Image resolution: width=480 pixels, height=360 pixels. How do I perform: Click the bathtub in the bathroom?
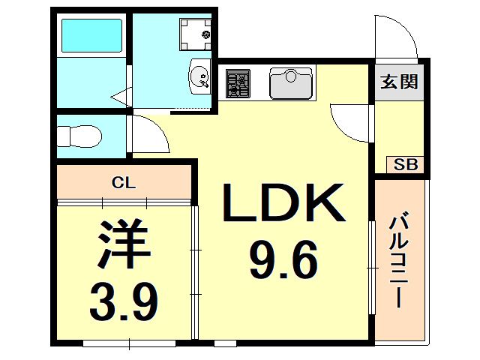coord(91,35)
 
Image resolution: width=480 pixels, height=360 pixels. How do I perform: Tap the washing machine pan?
coord(195,34)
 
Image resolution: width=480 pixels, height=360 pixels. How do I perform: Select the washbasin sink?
coord(200,76)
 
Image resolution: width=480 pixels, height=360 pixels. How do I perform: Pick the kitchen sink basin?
coord(291,83)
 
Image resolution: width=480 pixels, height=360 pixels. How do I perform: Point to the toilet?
coord(79,136)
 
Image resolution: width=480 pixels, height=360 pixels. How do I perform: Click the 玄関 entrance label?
coord(399,82)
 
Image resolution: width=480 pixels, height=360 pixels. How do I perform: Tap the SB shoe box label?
coord(405,165)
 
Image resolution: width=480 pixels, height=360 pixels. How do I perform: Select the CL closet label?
coord(123,183)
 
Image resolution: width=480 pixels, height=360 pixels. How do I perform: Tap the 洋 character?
coord(124,243)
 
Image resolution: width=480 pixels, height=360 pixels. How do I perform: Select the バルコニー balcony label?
coord(399,262)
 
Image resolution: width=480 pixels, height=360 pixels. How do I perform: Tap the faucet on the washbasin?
coord(204,82)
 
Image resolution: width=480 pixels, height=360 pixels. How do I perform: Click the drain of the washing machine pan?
coord(206,34)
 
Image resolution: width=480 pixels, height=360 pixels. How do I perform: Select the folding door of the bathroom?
coord(122,97)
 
